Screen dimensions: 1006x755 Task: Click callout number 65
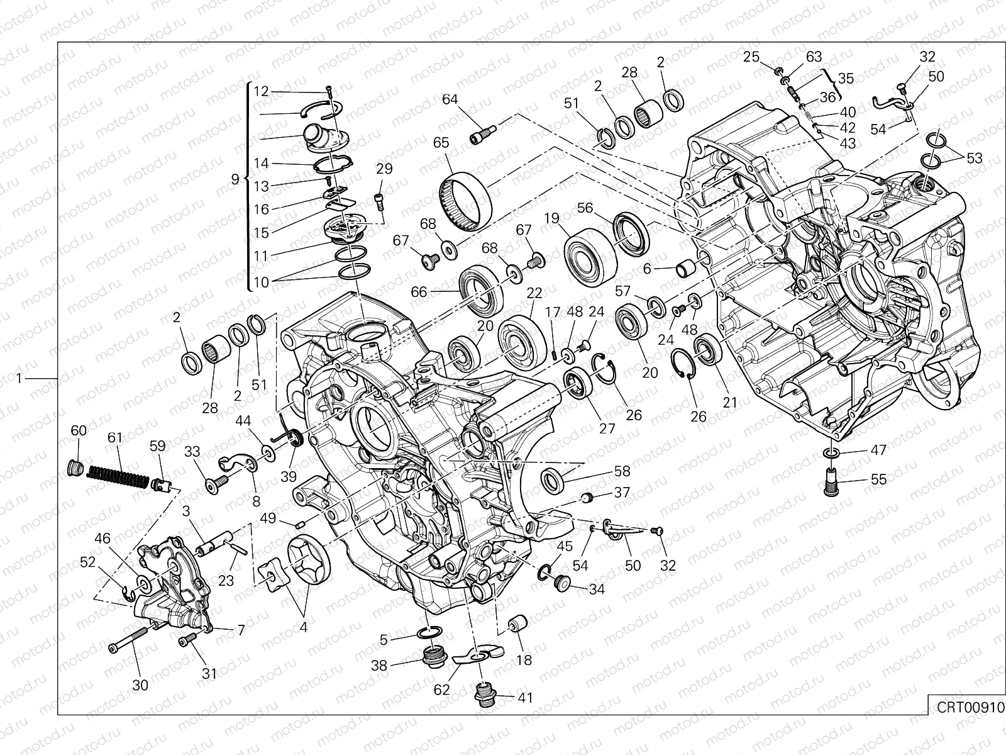[441, 142]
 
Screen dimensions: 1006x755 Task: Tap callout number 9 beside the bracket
[235, 179]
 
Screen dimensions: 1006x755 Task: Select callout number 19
[551, 218]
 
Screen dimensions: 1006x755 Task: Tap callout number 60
[78, 431]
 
